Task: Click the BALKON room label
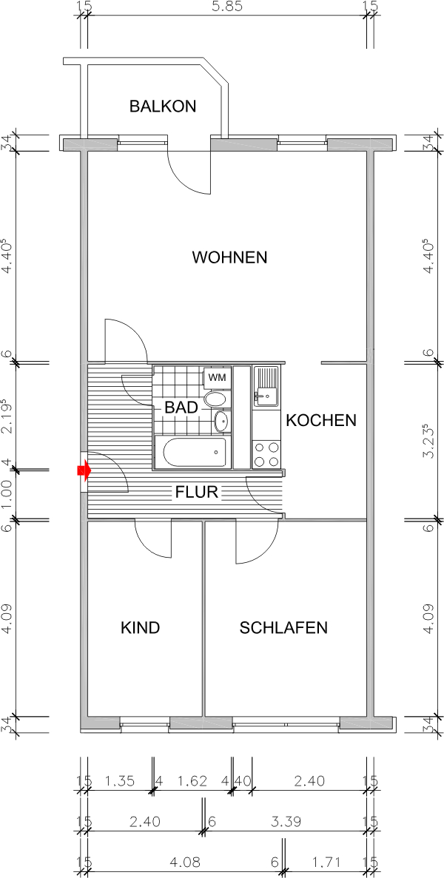pos(163,106)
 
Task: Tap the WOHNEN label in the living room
pos(229,257)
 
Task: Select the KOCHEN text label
pos(321,420)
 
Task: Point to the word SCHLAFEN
pos(283,628)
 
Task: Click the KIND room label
pos(141,628)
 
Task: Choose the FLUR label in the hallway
pos(196,492)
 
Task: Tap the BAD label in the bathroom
pos(181,407)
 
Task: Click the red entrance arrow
pos(84,470)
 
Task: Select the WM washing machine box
pos(216,377)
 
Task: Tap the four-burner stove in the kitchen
pos(266,454)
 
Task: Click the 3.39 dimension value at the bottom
pos(285,820)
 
